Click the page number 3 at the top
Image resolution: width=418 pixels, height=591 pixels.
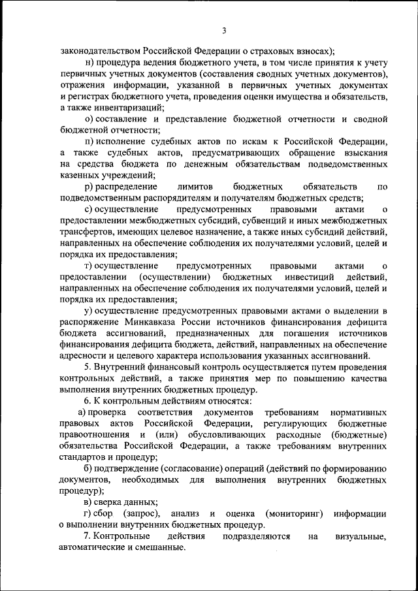point(223,31)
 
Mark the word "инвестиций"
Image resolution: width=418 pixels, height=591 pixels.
point(308,277)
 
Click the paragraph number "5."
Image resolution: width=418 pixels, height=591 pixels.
point(88,367)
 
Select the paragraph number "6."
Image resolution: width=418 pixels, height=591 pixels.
point(88,401)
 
